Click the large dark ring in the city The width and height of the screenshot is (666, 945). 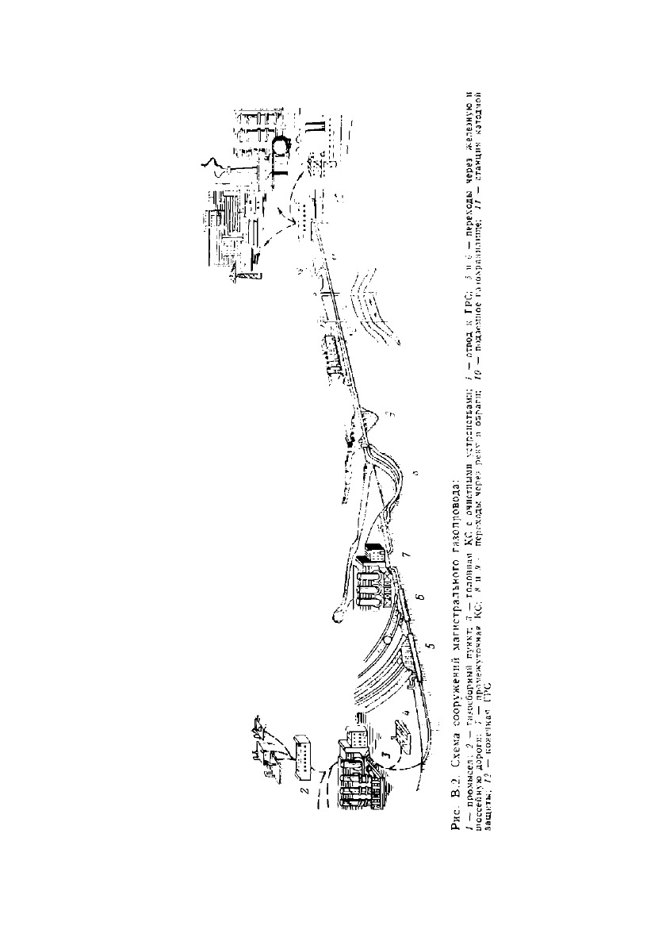pyautogui.click(x=281, y=146)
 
